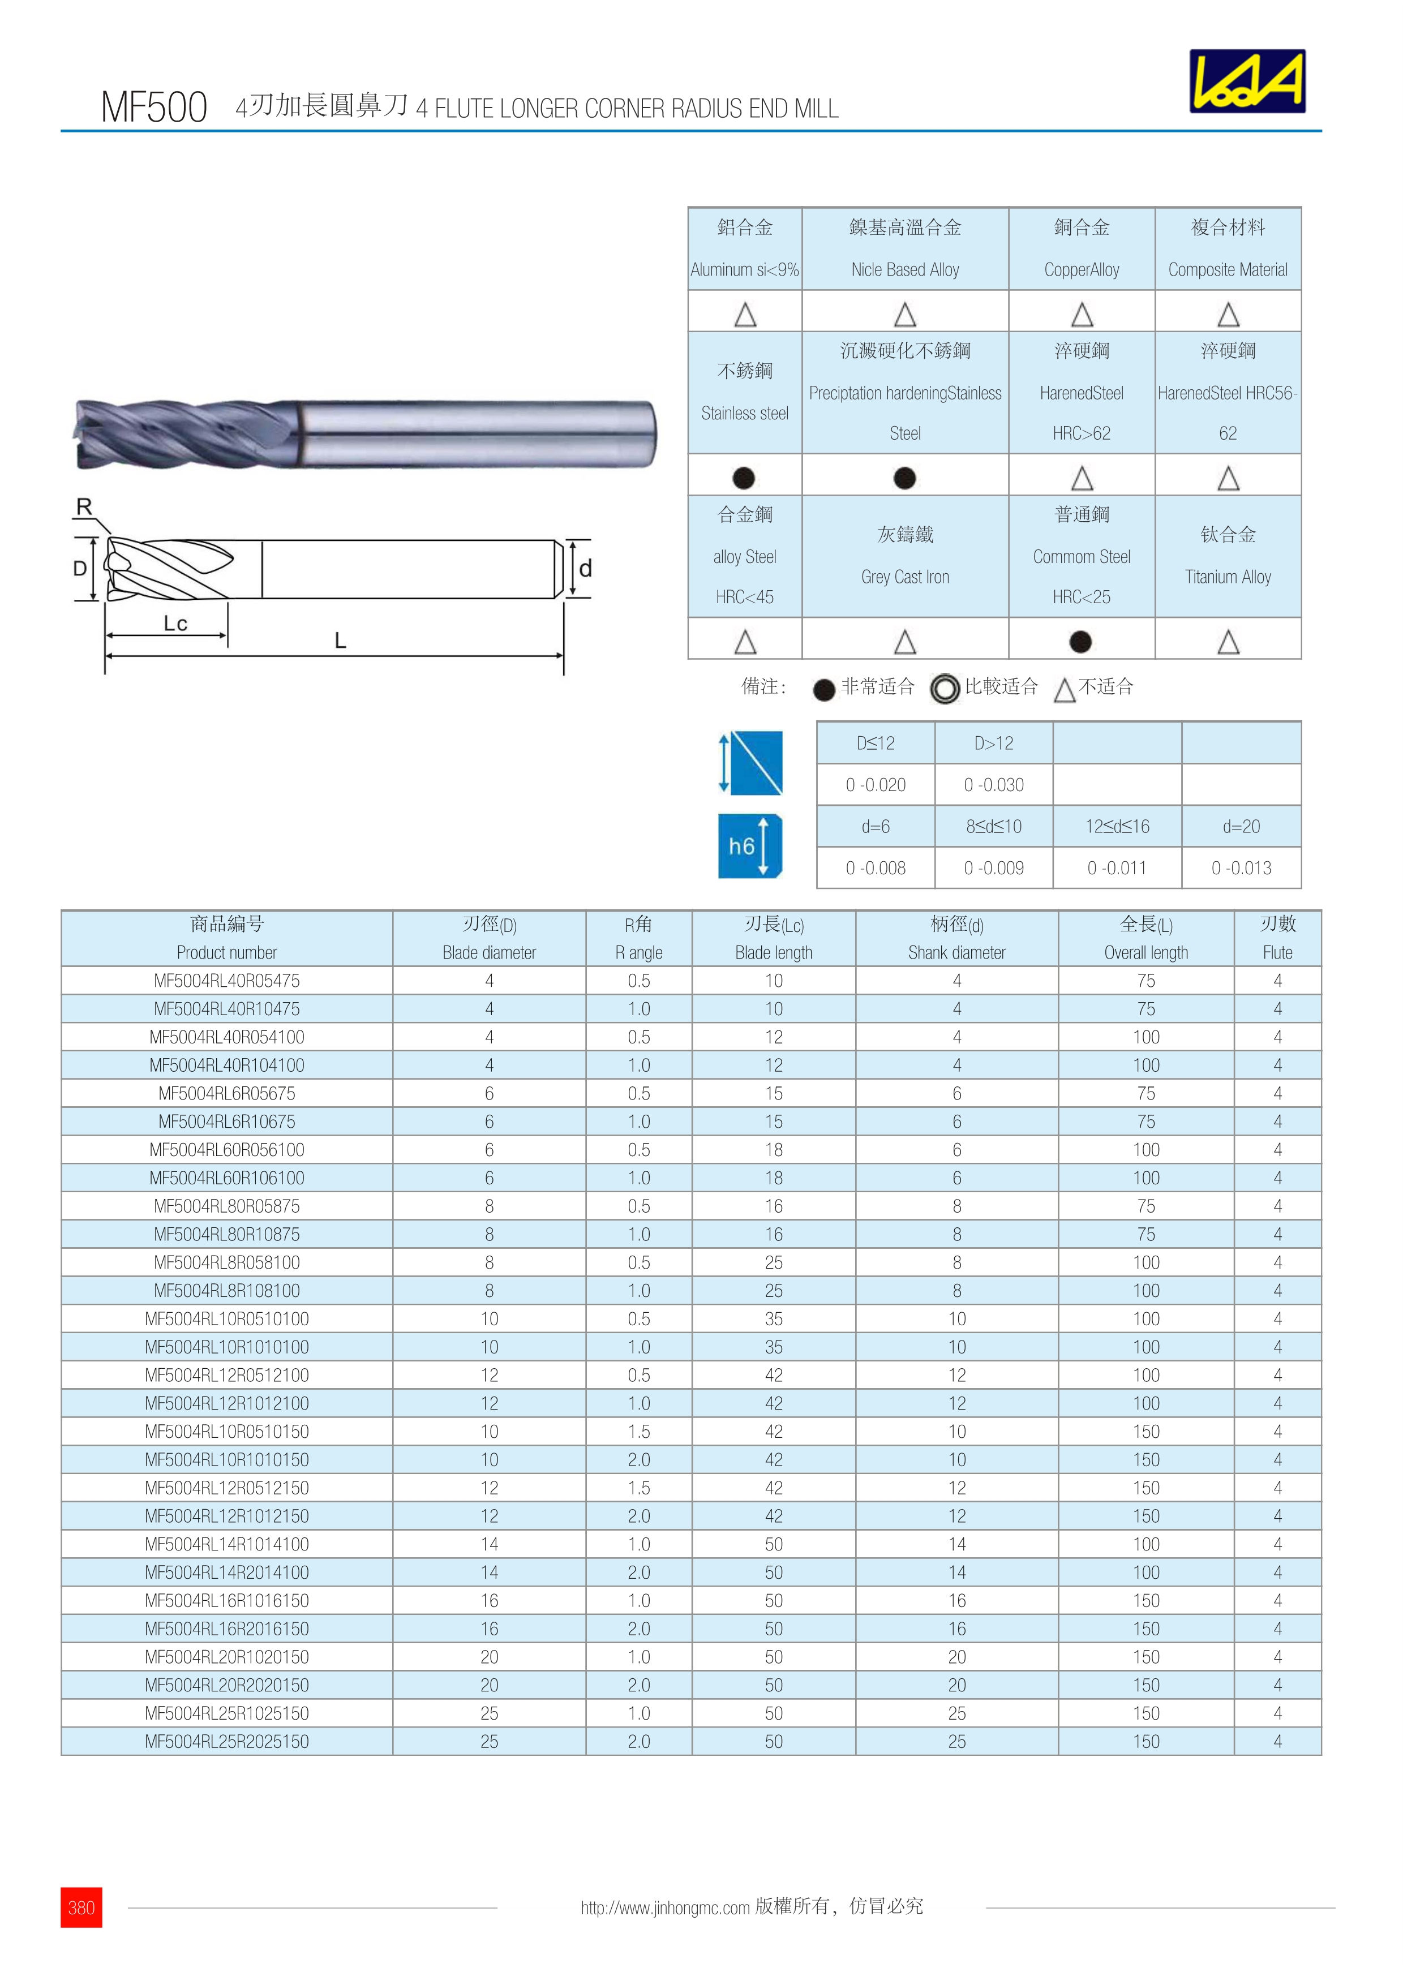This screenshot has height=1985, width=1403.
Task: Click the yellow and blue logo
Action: (x=1247, y=81)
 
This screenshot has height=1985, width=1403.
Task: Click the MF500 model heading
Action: (x=154, y=107)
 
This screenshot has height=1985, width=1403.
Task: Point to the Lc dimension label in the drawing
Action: (x=175, y=624)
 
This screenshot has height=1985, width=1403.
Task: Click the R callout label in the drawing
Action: (x=84, y=506)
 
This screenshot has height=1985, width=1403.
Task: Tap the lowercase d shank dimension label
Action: (x=585, y=568)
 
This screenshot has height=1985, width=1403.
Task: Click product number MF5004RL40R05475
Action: (x=226, y=981)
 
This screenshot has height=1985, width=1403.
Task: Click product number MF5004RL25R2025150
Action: (x=226, y=1741)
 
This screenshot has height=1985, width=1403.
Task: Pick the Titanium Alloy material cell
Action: (x=1228, y=556)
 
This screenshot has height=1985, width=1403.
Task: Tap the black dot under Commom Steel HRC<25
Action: (x=1080, y=642)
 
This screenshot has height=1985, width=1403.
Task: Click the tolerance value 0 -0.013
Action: (x=1241, y=868)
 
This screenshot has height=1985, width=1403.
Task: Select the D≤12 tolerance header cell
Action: (x=875, y=742)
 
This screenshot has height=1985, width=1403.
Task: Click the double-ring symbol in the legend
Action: (x=945, y=688)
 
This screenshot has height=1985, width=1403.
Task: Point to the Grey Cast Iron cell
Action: (x=904, y=556)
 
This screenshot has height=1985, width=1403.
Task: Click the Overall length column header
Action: (x=1145, y=938)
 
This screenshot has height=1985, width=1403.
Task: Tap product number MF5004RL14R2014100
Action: (x=226, y=1572)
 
